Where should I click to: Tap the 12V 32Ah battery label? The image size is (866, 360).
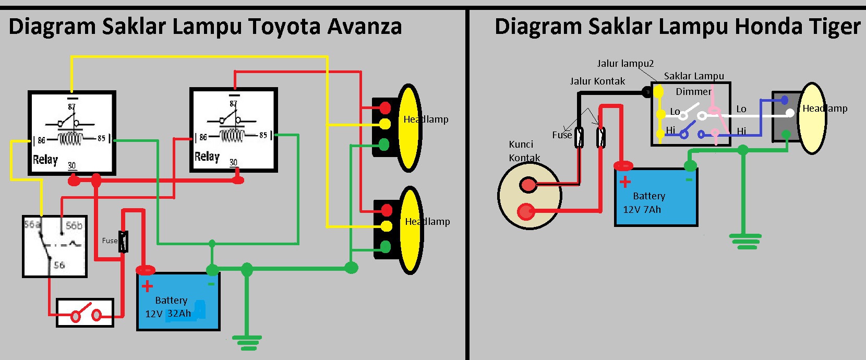[168, 314]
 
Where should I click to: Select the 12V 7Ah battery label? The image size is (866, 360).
[642, 209]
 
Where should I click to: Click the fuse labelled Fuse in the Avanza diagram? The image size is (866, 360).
[123, 241]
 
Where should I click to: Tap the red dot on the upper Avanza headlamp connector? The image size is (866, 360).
[385, 108]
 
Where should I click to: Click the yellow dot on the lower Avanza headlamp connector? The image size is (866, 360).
[386, 226]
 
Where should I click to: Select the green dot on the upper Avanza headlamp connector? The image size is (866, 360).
[384, 144]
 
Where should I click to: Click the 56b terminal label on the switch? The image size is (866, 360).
[74, 225]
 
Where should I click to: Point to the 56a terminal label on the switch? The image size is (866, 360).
[32, 224]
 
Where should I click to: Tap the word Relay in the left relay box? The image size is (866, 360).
[45, 160]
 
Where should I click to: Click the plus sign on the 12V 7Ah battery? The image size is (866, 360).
[625, 182]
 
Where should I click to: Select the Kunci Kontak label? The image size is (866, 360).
[524, 151]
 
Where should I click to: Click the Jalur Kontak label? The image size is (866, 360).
[597, 81]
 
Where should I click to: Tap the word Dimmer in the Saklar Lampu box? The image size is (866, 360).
[693, 92]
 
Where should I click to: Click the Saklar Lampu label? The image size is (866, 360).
[694, 76]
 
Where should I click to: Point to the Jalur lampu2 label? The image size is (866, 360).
[625, 64]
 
